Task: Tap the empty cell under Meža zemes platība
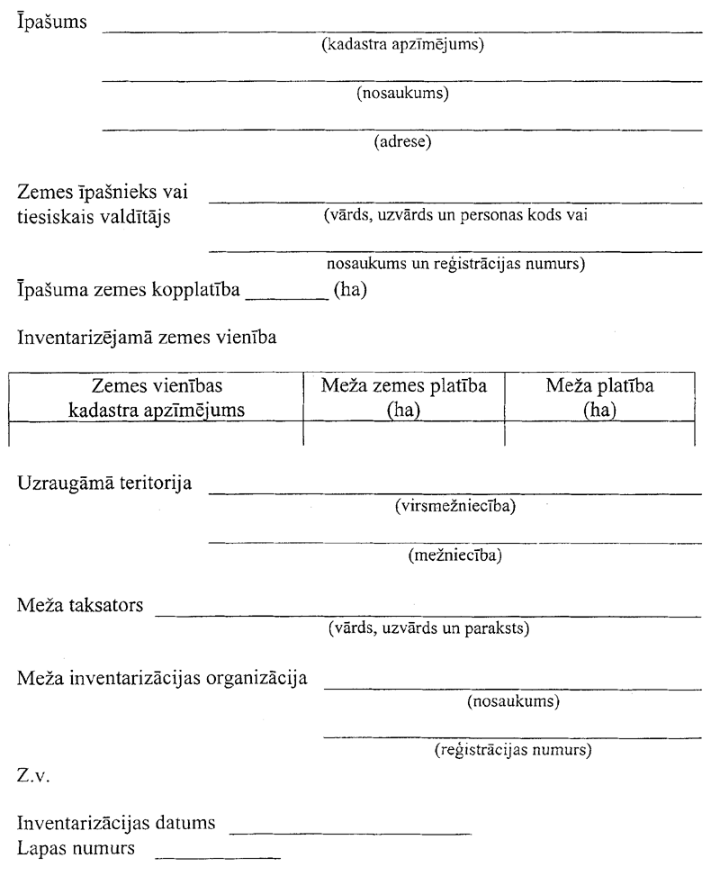coord(405,437)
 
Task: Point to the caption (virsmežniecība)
coord(454,507)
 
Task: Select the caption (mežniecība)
coord(454,555)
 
